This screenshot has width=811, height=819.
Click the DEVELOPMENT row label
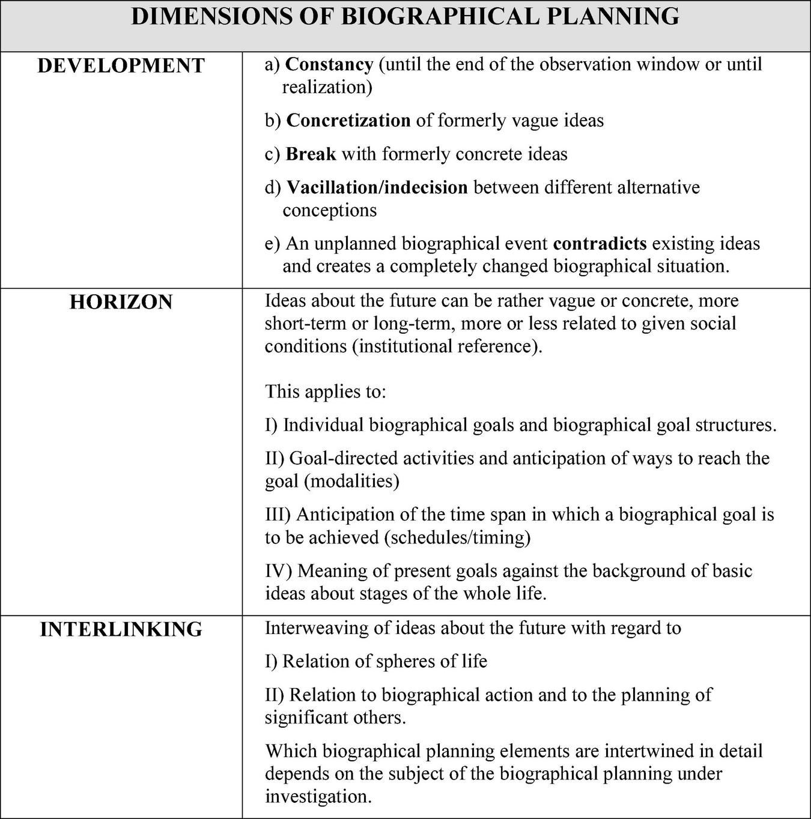click(x=121, y=65)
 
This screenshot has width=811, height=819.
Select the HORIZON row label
click(x=121, y=301)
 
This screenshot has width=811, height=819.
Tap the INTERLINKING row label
click(x=121, y=629)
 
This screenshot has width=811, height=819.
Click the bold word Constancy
click(x=329, y=64)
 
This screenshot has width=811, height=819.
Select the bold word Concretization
click(x=348, y=121)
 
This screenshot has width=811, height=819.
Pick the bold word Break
click(x=311, y=154)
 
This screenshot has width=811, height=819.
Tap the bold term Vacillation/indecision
click(x=377, y=187)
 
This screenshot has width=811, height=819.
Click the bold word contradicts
click(x=600, y=244)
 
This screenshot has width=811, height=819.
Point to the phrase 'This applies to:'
click(x=326, y=391)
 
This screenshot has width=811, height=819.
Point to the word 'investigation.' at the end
click(x=318, y=797)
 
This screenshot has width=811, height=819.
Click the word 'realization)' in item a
click(x=327, y=87)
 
